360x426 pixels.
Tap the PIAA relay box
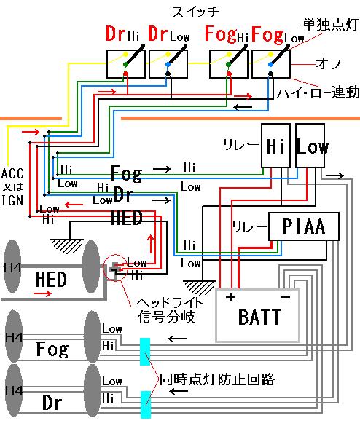[306, 228]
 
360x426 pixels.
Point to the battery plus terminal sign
[231, 297]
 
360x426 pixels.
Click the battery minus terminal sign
[285, 297]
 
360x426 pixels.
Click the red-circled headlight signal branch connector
[115, 269]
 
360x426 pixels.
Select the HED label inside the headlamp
[51, 278]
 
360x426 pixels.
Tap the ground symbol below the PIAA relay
[197, 286]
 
